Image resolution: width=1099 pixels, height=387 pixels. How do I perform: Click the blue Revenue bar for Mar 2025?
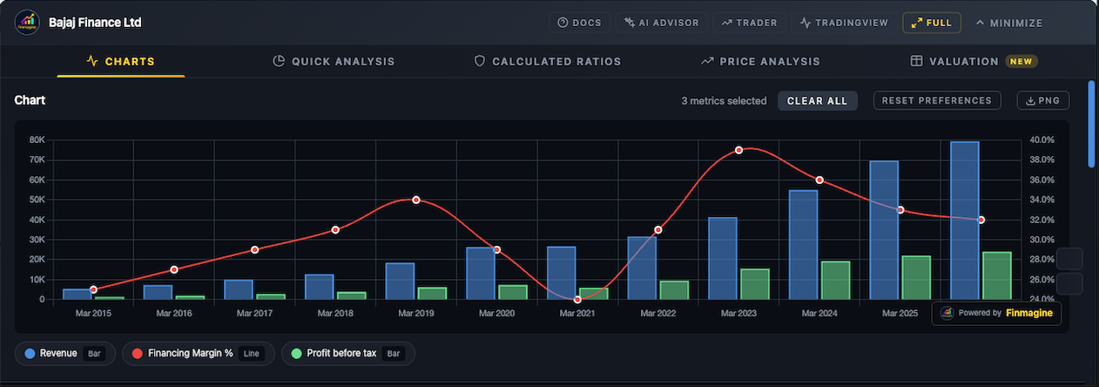coord(884,230)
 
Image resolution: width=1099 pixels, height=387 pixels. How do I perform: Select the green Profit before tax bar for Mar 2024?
coord(836,280)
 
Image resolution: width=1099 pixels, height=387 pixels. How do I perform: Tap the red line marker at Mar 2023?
coord(738,150)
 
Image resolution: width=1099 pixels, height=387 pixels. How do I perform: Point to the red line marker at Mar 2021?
coord(577,299)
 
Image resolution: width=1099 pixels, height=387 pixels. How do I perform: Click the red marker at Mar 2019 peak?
coord(416,200)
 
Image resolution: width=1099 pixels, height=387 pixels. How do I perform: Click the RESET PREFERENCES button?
coord(936,100)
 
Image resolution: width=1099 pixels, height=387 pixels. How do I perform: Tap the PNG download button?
coord(1042,100)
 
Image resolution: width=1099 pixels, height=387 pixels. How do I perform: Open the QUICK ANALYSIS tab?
coord(334,61)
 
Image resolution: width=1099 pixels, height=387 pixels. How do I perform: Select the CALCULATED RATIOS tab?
coord(547,61)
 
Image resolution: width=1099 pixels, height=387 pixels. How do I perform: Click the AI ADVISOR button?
coord(661,23)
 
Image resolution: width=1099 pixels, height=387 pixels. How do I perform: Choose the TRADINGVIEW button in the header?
coord(843,23)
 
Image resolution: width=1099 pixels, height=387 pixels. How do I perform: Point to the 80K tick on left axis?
coord(37,139)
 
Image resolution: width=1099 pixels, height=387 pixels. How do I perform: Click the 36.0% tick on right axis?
coord(1042,180)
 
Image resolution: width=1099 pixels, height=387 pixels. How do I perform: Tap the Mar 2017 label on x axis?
coord(254,312)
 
